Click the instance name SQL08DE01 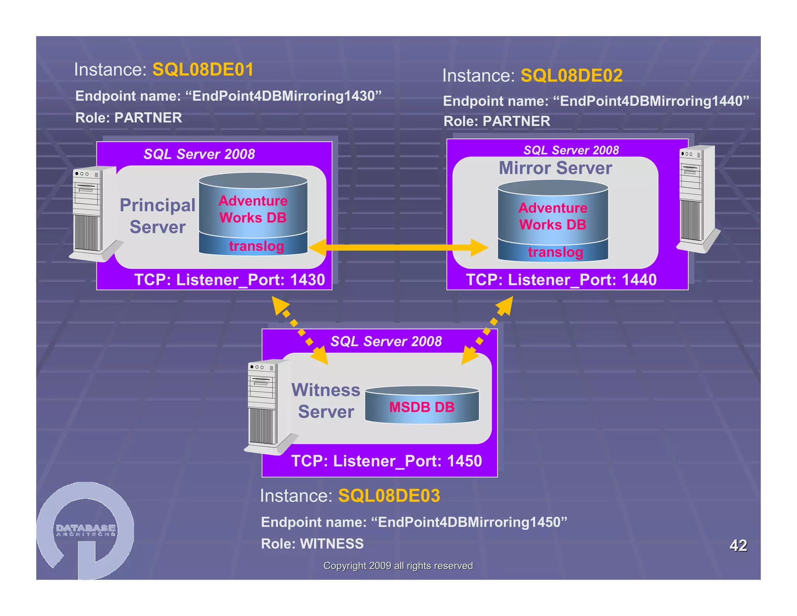point(203,70)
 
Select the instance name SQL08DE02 point(571,76)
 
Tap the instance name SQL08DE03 point(389,496)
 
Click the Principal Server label point(158,216)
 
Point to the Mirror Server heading point(555,168)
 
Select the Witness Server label point(326,401)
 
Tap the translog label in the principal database point(256,246)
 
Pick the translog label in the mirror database point(555,252)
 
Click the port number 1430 point(307,280)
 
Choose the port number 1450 point(464,461)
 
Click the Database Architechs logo point(86,530)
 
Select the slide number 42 point(738,545)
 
